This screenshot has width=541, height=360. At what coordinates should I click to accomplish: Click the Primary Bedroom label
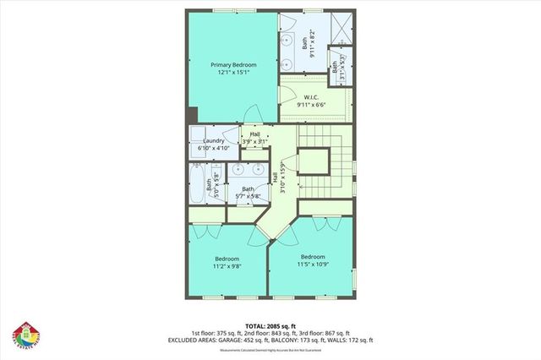coord(232,64)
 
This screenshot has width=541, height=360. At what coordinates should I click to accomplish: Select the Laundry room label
coord(213,141)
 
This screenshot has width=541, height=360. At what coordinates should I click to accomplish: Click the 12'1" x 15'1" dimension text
coord(232,73)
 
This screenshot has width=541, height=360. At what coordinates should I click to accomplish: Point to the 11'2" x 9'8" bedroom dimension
coord(227,266)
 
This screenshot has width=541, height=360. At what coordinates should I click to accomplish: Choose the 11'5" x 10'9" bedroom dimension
coord(312,264)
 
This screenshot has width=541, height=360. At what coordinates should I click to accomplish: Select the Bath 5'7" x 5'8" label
coord(249,193)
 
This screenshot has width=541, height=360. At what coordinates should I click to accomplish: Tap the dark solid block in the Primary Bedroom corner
coord(194,116)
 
